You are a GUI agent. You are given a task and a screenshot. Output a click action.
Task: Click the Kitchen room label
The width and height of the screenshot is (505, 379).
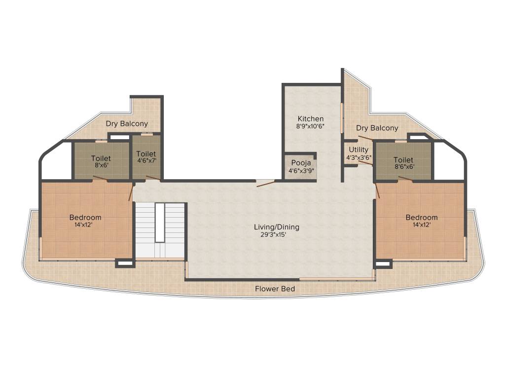(x=311, y=119)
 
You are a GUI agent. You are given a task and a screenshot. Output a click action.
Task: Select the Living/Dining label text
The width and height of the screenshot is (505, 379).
(x=277, y=227)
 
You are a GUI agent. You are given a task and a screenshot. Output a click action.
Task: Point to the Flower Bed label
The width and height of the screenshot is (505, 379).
(x=275, y=289)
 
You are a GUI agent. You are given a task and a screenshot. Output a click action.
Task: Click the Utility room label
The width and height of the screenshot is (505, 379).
(x=359, y=150)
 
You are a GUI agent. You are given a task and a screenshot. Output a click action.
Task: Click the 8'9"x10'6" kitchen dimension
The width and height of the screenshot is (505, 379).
(x=311, y=126)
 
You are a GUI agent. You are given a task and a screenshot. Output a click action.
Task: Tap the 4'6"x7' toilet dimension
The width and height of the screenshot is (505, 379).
(x=146, y=161)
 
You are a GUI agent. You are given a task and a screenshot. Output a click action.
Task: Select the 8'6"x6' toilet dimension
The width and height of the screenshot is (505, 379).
(x=403, y=167)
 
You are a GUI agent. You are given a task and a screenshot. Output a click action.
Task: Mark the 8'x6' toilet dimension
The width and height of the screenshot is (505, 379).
(x=101, y=166)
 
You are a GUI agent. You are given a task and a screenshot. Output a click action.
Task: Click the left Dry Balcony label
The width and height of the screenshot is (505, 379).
(x=127, y=124)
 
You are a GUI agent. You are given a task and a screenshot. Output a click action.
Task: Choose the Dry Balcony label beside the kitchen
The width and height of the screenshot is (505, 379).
(x=377, y=128)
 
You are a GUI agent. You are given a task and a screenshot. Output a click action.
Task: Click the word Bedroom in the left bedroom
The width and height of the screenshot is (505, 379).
(x=85, y=218)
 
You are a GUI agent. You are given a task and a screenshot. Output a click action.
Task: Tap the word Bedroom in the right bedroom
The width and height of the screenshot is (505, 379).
(x=422, y=218)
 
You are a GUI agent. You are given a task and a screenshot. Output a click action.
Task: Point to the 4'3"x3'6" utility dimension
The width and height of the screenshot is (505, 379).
(x=359, y=158)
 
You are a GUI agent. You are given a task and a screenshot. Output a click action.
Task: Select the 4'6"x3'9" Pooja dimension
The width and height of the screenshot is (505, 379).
(x=301, y=171)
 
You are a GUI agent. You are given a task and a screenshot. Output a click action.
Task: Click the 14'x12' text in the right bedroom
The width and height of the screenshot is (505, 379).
(x=422, y=225)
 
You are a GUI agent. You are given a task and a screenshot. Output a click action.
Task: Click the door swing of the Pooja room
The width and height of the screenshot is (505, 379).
(x=266, y=184)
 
